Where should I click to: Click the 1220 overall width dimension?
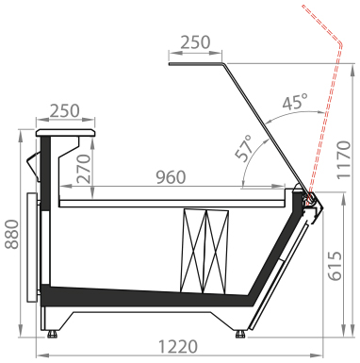tap(178, 347)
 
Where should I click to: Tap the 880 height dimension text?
tap(12, 235)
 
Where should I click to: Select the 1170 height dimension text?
tap(343, 160)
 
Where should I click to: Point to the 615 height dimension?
tap(335, 266)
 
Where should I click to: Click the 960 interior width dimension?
tap(171, 177)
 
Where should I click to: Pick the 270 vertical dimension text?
tap(84, 169)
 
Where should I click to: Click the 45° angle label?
tap(295, 102)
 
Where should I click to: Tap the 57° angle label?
tap(244, 148)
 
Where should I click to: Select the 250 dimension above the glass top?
tap(195, 42)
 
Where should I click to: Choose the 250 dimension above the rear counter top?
tap(65, 111)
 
